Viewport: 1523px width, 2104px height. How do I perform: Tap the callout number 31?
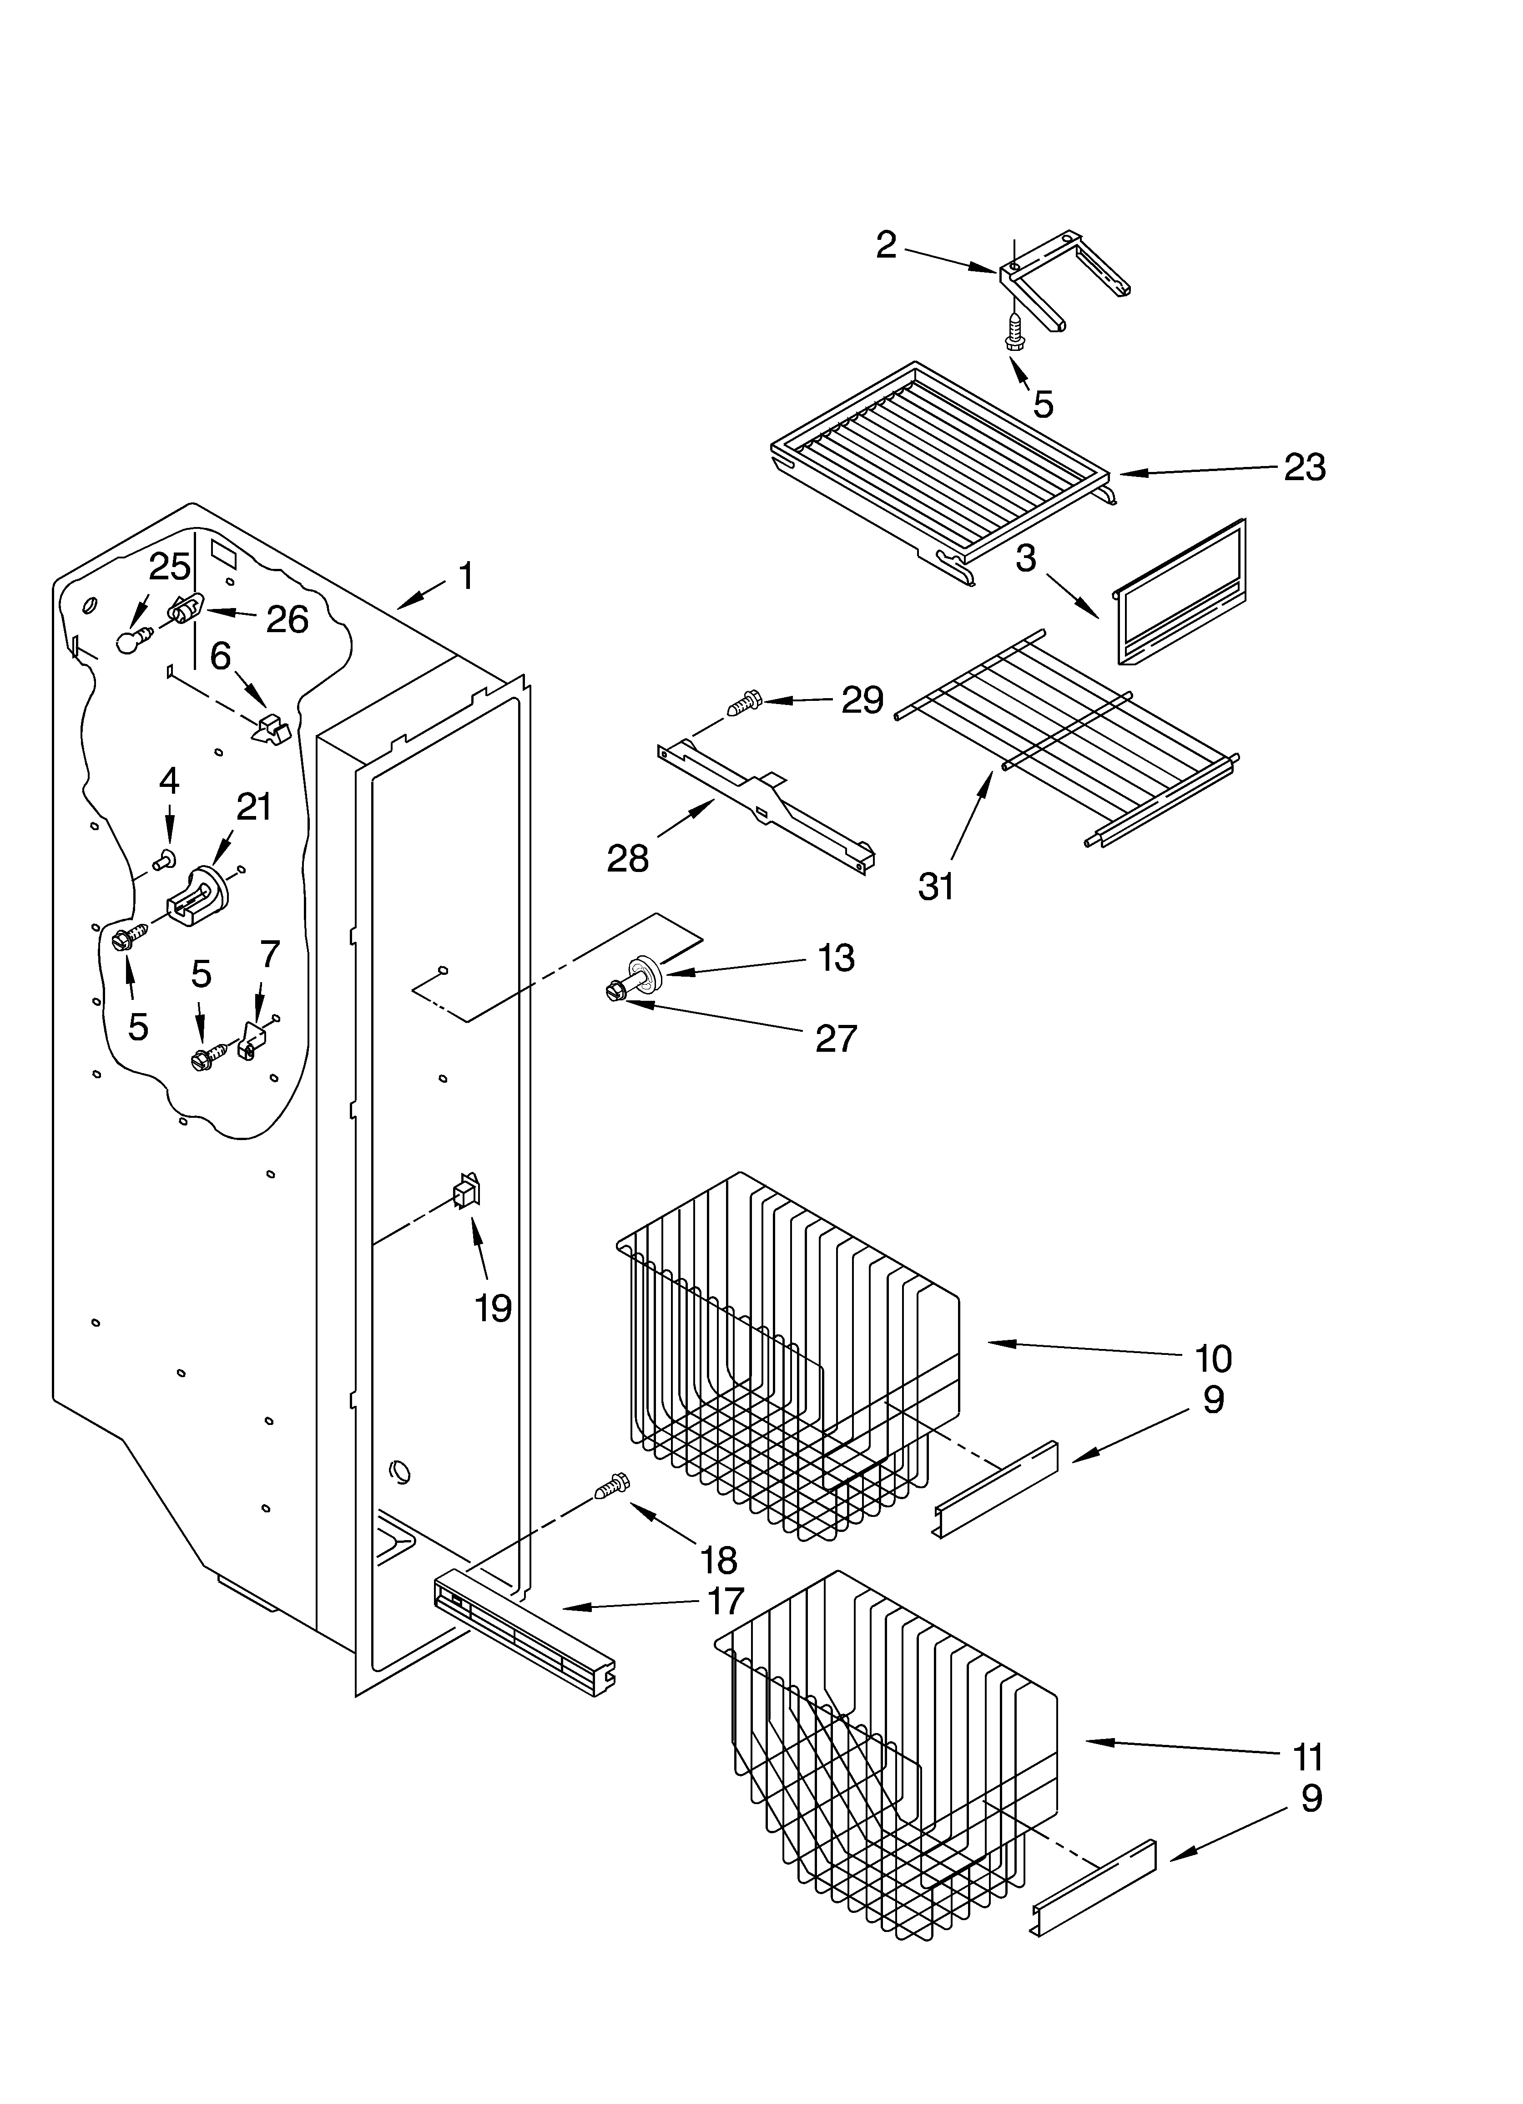click(936, 887)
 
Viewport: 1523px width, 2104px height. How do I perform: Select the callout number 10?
click(1212, 1358)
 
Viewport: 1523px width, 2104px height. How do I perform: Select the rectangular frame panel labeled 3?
click(1180, 594)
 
